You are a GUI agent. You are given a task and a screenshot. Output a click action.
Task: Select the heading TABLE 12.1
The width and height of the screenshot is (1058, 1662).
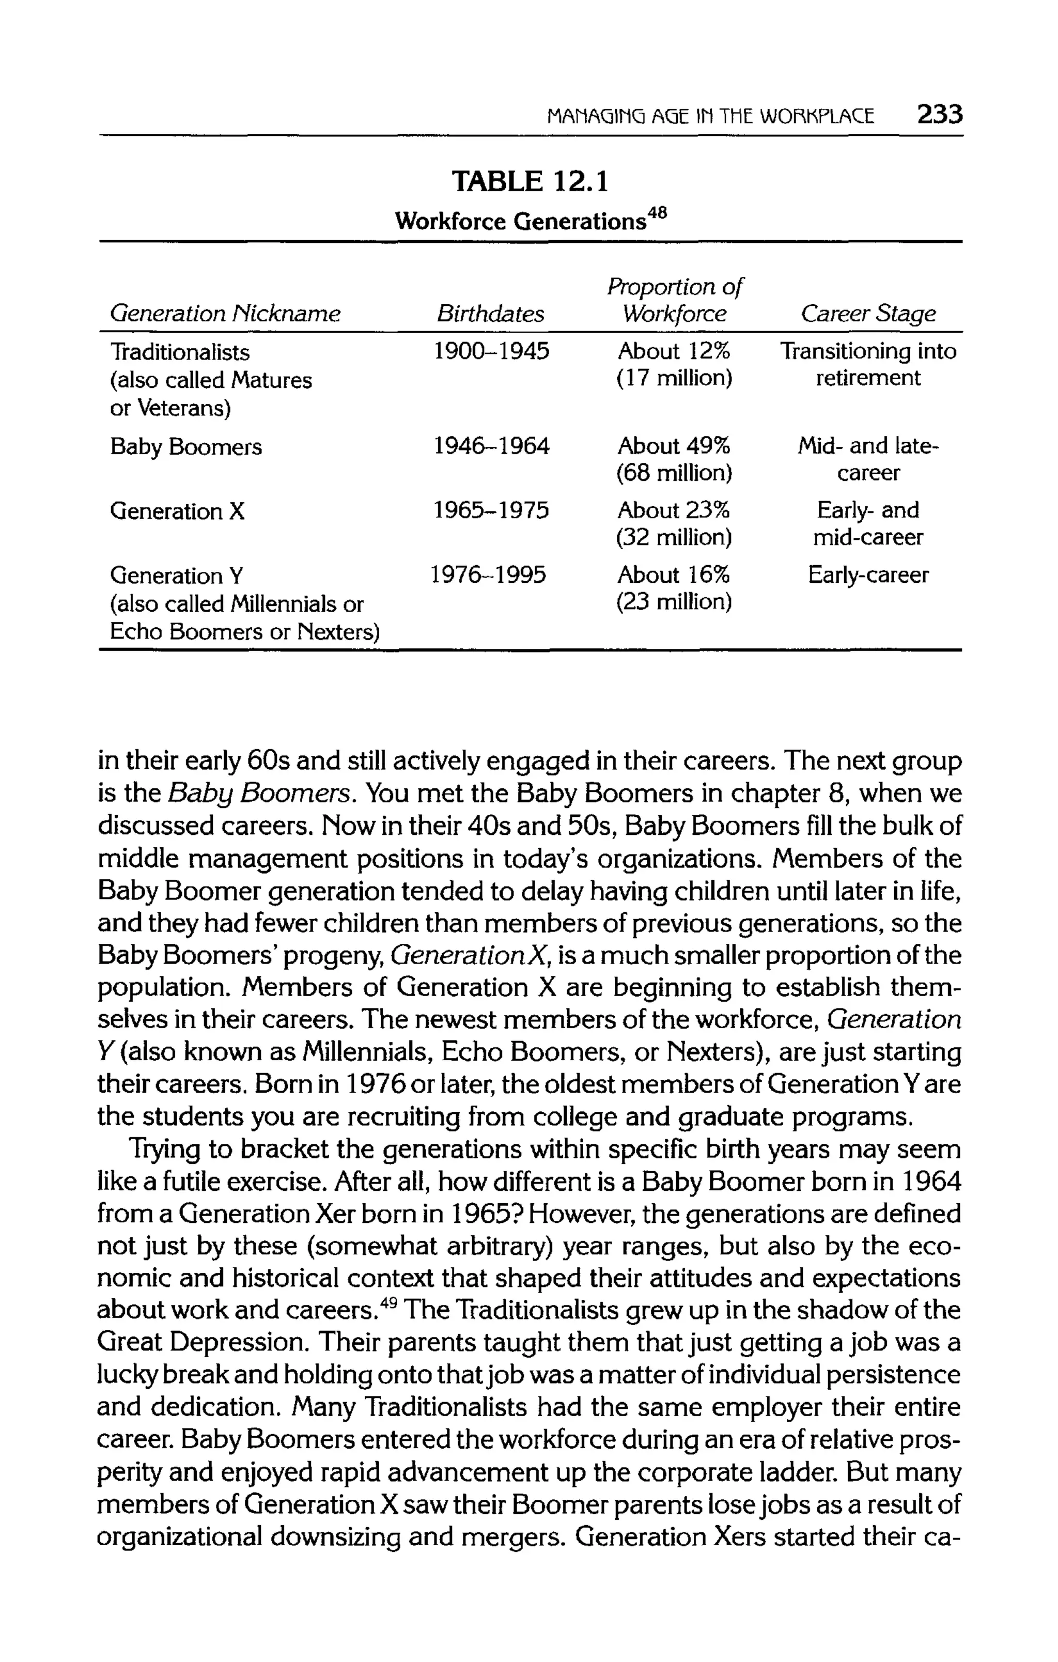pos(530,181)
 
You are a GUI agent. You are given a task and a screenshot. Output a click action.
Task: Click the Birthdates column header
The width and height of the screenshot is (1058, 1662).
pos(490,314)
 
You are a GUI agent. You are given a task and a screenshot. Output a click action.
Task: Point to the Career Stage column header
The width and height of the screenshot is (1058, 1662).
pos(867,314)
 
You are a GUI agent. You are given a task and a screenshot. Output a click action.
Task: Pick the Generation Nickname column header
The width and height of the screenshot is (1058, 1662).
pos(225,314)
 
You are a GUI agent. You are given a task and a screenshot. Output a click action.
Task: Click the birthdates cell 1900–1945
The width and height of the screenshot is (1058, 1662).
pos(491,352)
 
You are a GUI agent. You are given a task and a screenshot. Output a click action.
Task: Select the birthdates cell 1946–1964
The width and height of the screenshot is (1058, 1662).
pos(491,446)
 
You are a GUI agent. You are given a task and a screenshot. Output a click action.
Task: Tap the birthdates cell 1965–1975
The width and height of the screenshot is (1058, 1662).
pos(491,511)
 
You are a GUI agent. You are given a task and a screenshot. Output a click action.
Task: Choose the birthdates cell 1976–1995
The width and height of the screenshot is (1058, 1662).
pos(488,575)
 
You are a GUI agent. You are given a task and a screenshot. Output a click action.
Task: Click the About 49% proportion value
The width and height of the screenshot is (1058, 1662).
pos(674,446)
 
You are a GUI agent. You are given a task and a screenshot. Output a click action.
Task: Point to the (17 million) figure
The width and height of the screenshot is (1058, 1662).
pos(674,378)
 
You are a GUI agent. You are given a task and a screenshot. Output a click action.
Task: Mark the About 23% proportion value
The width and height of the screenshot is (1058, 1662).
pos(674,511)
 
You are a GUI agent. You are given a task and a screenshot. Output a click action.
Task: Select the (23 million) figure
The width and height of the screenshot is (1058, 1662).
pos(674,602)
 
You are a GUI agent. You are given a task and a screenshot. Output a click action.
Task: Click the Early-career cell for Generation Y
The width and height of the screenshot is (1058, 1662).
pos(868,575)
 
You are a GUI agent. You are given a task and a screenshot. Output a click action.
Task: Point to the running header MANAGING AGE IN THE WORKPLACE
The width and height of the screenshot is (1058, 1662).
pos(709,115)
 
